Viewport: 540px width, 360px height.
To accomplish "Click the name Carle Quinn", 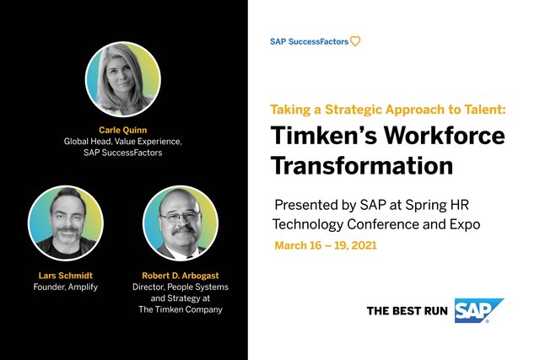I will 123,131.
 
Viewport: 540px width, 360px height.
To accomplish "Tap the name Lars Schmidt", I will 65,275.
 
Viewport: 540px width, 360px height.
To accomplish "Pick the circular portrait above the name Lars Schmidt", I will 65,222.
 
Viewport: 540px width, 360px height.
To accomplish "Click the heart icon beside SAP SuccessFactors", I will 355,40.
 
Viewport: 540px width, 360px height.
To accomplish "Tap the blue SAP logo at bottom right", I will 478,310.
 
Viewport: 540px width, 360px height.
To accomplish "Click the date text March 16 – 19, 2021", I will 325,246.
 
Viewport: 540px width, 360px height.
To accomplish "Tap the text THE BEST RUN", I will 408,311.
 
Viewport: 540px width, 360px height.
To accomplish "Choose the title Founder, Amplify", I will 65,287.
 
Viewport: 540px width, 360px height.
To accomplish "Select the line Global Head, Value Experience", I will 123,142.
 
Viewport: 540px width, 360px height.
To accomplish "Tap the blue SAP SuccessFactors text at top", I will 309,40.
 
